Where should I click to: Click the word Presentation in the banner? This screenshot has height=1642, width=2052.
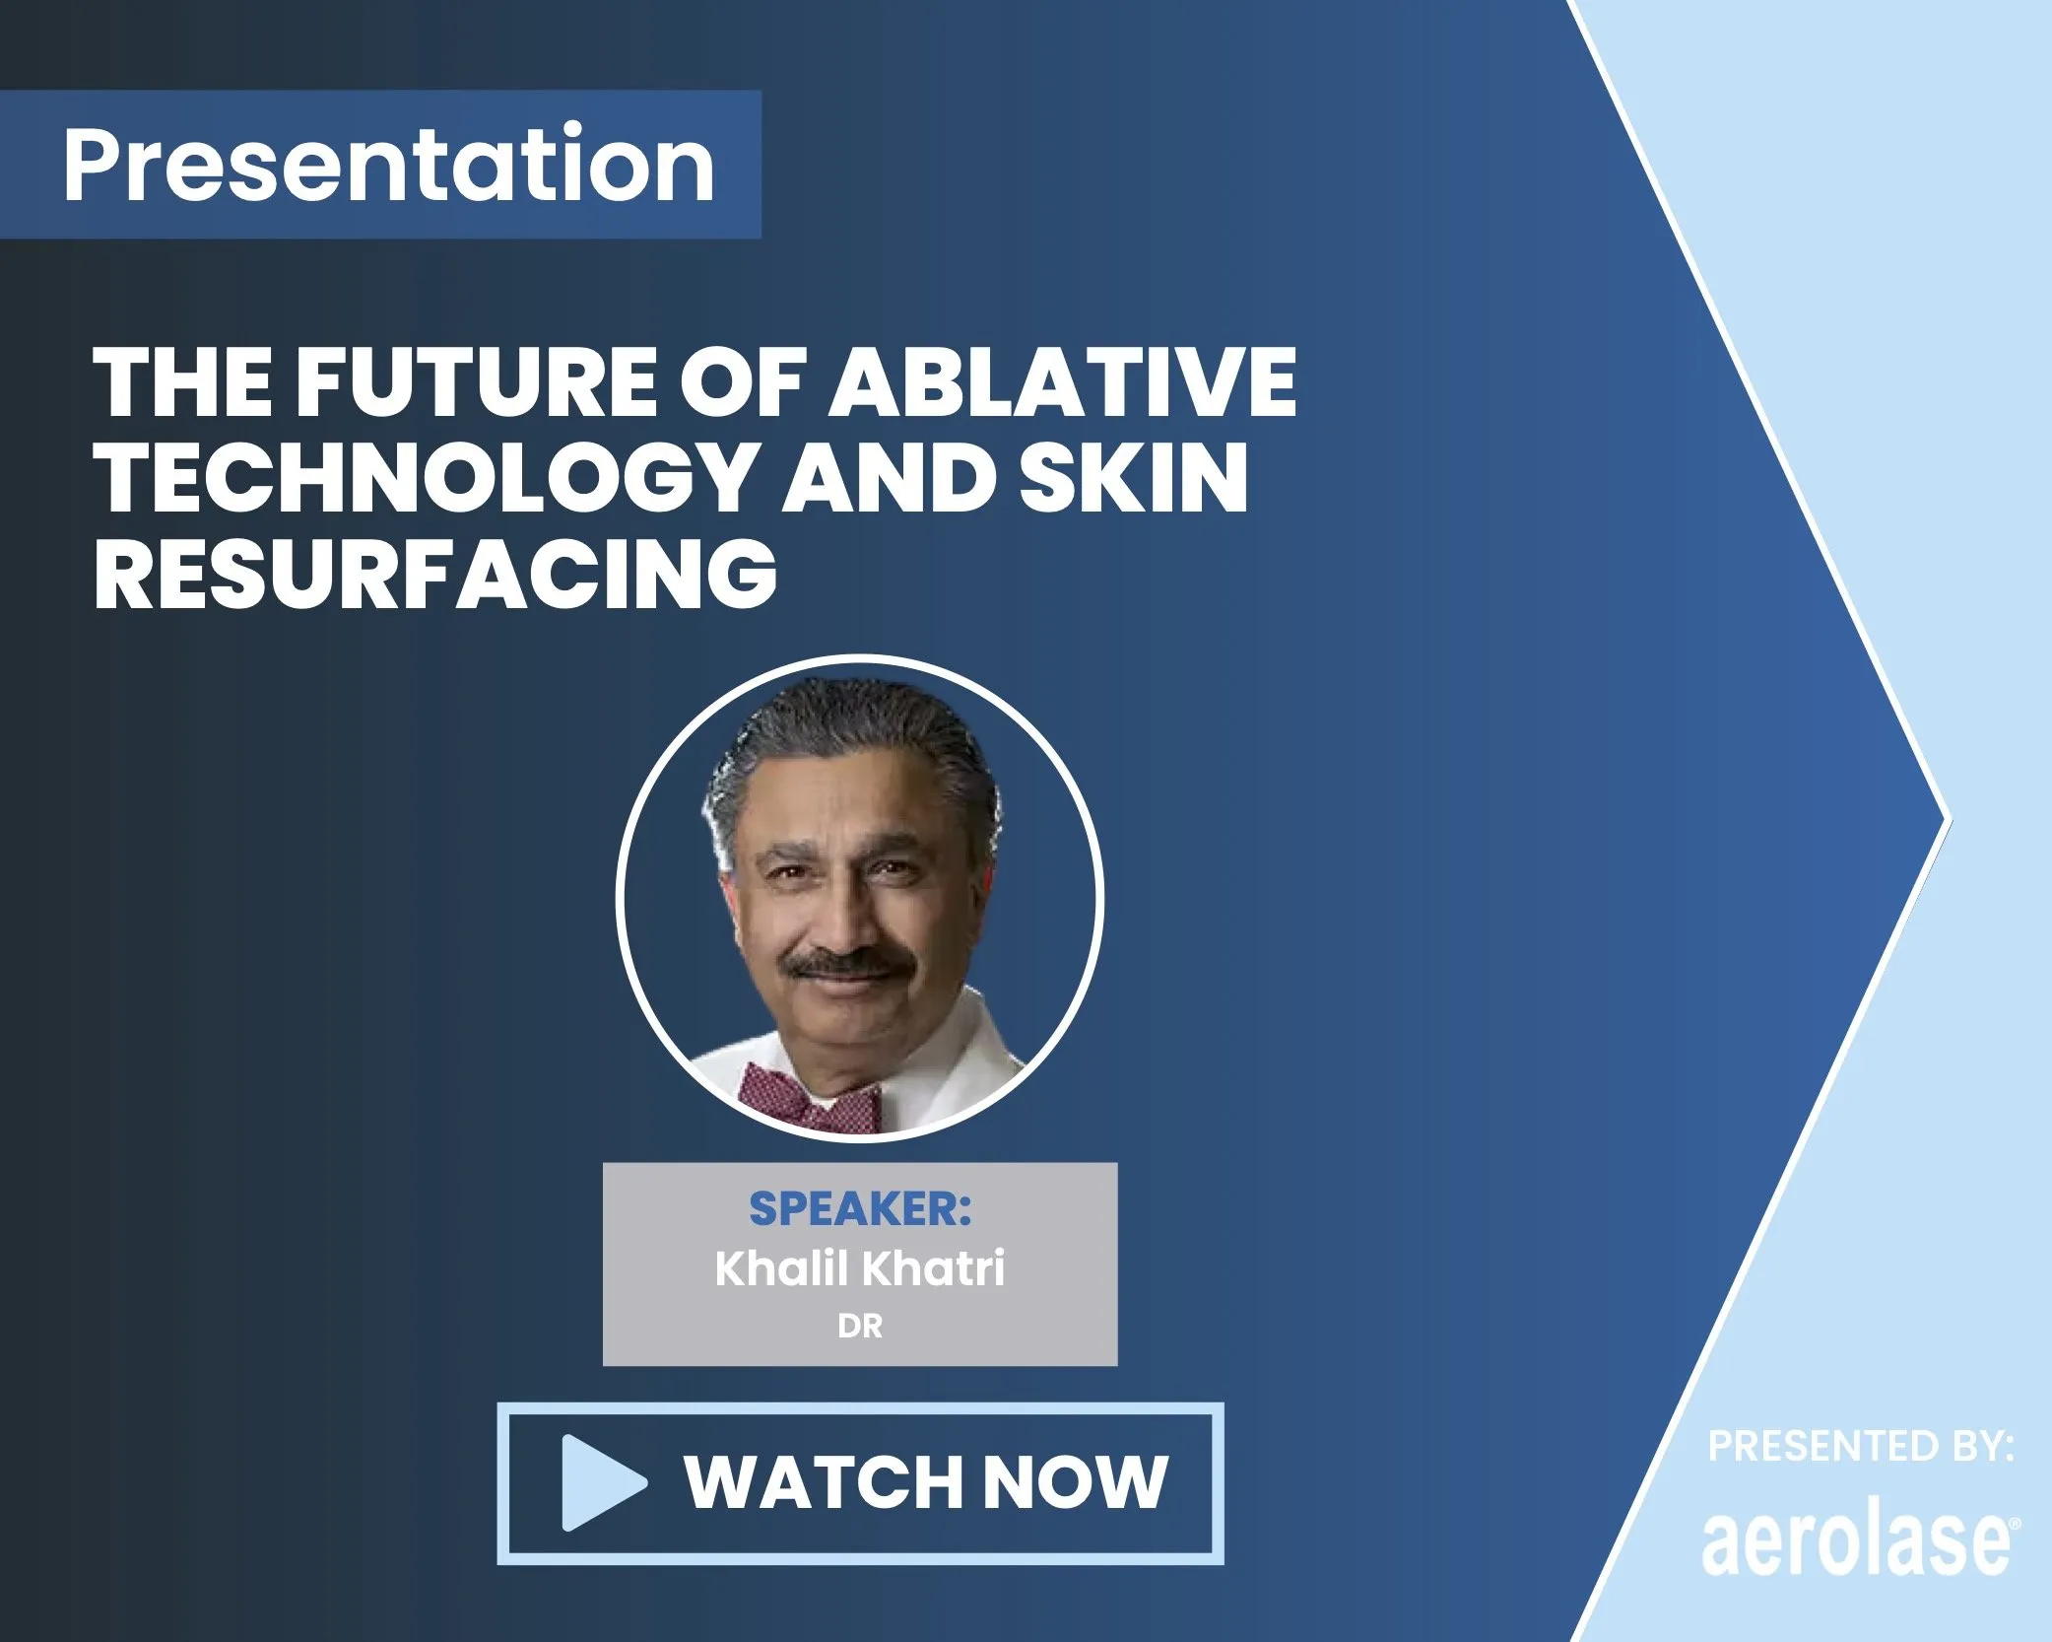(388, 164)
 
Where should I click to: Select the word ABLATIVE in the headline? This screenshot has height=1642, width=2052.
(1062, 382)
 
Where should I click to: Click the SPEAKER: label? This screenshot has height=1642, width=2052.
(859, 1208)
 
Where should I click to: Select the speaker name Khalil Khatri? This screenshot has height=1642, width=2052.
(859, 1267)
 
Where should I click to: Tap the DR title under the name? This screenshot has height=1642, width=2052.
(859, 1327)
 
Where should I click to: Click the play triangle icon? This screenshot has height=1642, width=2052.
(599, 1482)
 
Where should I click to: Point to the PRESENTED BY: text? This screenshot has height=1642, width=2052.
(1860, 1447)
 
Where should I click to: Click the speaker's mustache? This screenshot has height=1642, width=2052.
(849, 964)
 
